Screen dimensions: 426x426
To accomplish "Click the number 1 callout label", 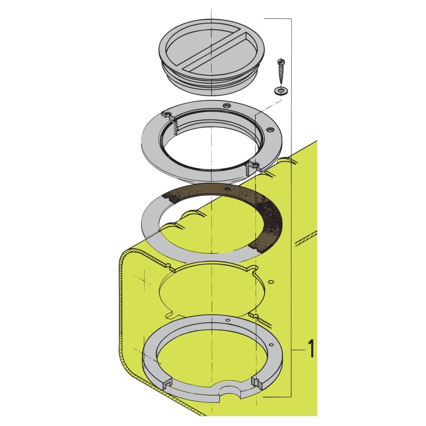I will [311, 348].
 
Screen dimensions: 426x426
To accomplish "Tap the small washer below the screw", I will [280, 90].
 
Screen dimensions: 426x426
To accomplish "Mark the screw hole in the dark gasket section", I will [226, 190].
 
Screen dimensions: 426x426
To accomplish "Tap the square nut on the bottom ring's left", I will [167, 382].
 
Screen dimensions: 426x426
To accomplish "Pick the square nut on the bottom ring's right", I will [256, 382].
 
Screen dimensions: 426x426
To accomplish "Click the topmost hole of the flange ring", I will [226, 106].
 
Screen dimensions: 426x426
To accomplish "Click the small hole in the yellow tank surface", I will [271, 282].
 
